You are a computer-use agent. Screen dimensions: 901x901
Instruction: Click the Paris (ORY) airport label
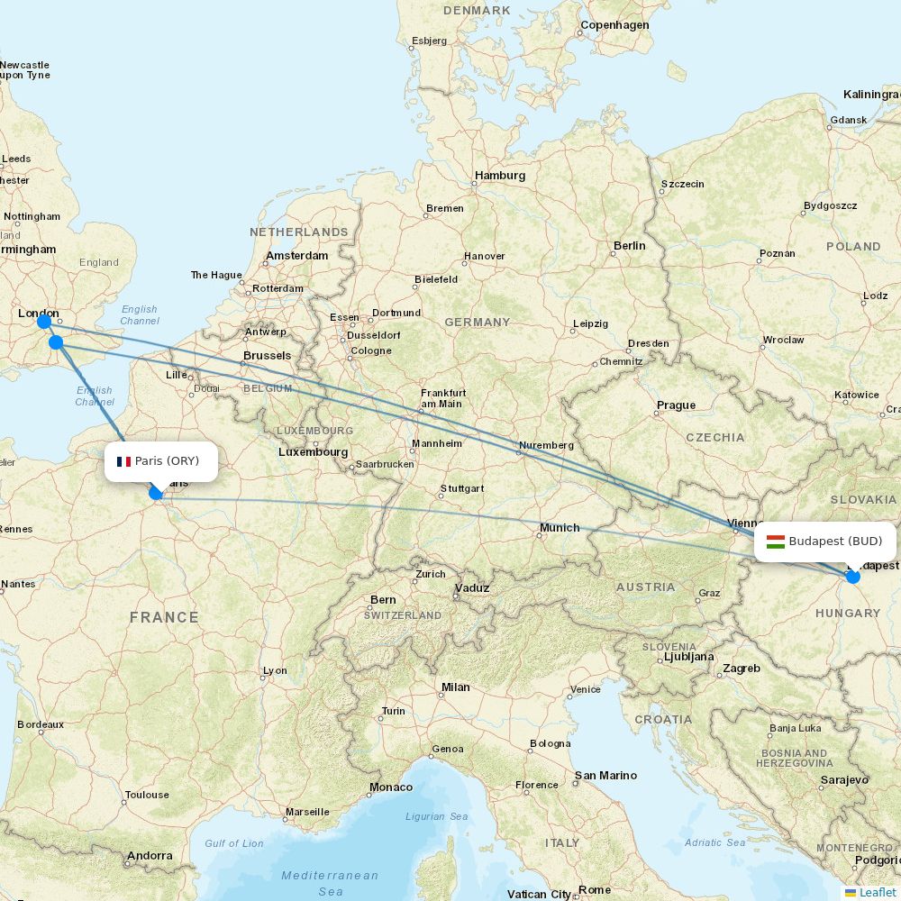tap(167, 461)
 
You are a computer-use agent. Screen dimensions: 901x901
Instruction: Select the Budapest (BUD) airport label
tap(834, 542)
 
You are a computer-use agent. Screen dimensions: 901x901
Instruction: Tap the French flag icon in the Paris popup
tap(123, 461)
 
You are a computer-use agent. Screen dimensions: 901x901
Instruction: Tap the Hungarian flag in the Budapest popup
tap(775, 542)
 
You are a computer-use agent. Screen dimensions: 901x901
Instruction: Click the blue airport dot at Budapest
tap(853, 577)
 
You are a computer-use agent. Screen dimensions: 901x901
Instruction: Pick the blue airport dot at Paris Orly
tap(156, 493)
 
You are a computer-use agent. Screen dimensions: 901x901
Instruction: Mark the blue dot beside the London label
tap(43, 322)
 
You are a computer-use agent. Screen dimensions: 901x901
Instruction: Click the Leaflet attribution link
tap(877, 892)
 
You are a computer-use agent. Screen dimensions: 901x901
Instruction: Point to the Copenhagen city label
tap(614, 25)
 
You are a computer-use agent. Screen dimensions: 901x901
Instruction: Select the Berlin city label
tap(629, 245)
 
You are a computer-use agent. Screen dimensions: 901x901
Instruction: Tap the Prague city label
tap(676, 405)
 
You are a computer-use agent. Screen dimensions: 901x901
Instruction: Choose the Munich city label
tap(560, 527)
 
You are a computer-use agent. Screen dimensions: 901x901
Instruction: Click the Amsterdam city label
tap(297, 256)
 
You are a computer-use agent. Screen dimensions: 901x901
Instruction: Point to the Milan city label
tap(455, 687)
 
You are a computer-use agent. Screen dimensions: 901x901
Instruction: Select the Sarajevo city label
tap(843, 779)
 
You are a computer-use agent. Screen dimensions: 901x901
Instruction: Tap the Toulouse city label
tap(147, 795)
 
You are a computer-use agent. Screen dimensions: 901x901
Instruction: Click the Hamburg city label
tap(500, 176)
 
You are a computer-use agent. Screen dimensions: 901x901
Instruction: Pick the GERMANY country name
tap(477, 322)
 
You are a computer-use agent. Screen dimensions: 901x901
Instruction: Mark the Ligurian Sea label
tap(437, 816)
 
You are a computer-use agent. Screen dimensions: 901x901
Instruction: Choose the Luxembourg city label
tap(313, 451)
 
